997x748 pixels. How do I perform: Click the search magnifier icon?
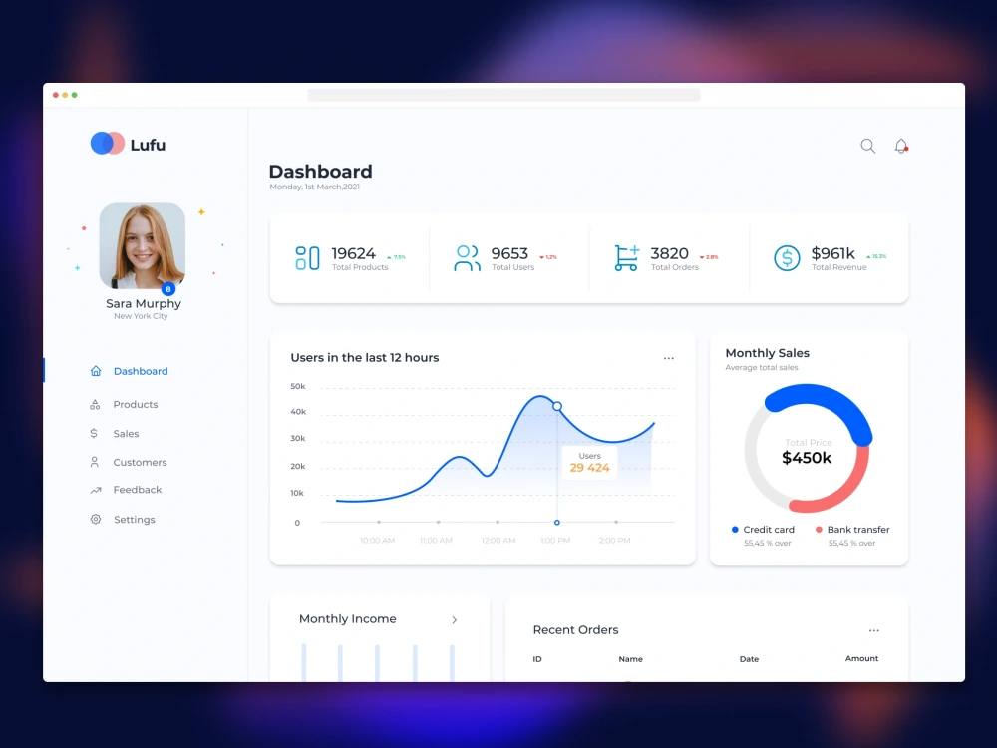pos(867,146)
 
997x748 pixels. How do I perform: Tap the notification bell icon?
pos(901,146)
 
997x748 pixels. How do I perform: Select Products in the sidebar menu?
pos(136,404)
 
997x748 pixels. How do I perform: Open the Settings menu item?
pos(135,520)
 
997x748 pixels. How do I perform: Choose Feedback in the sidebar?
pos(138,490)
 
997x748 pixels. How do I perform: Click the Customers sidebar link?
pos(140,462)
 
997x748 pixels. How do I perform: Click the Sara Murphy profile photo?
pos(142,245)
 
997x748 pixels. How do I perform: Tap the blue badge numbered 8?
pos(167,289)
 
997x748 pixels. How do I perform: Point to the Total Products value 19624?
pos(353,254)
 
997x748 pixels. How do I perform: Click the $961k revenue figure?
pos(832,254)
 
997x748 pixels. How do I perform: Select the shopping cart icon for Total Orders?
pos(626,258)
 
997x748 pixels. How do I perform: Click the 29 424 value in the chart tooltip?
pos(589,467)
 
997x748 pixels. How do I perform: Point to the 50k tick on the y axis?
pos(297,386)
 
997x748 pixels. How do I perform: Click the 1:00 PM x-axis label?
pos(555,541)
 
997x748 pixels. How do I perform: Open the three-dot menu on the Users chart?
pos(668,358)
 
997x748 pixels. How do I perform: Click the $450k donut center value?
pos(807,458)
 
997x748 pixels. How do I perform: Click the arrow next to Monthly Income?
pos(454,619)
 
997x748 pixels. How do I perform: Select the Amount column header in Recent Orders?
pos(861,658)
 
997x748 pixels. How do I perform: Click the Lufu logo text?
pos(148,145)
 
